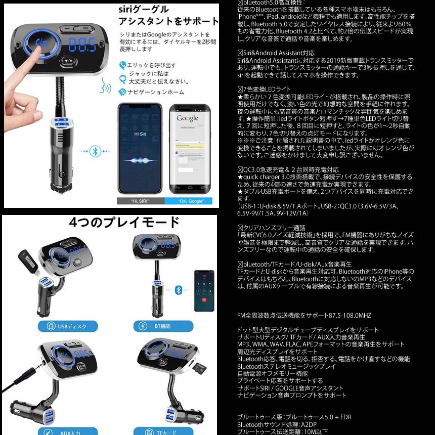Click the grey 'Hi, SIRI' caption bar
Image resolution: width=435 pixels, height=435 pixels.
[x=140, y=201]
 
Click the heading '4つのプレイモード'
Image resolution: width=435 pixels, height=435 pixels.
[x=124, y=223]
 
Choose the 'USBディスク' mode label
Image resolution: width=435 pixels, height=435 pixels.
[x=68, y=326]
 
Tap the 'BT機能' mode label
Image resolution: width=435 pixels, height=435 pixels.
[x=157, y=326]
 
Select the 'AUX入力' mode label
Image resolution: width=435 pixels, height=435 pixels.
[x=68, y=431]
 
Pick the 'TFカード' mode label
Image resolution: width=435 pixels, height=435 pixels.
[x=157, y=431]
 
